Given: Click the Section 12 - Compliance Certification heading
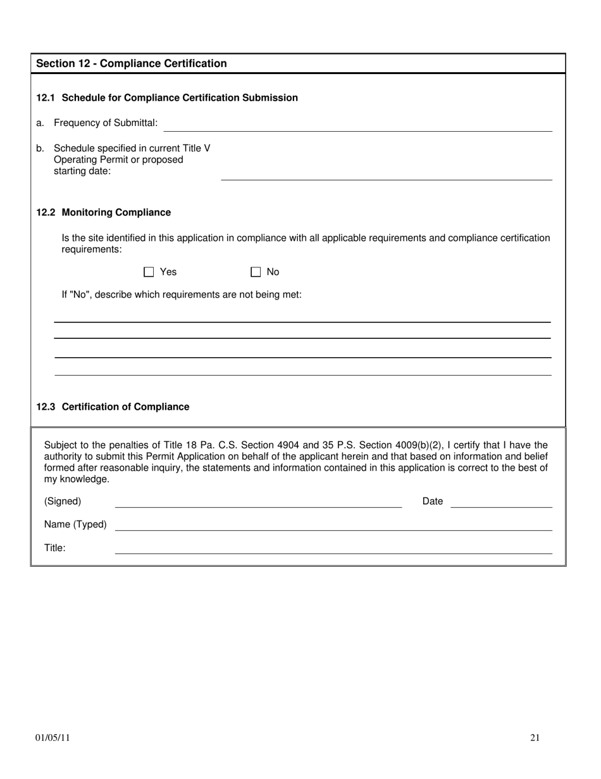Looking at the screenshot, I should tap(132, 63).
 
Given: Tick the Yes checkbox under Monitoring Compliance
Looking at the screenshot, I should tap(149, 272).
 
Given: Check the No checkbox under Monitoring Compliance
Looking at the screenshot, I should tap(256, 272).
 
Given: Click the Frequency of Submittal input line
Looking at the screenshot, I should tap(357, 126).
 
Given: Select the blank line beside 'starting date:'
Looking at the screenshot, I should tap(386, 175).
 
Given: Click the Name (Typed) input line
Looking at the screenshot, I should tap(333, 526).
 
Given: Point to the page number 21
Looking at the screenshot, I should tap(535, 737).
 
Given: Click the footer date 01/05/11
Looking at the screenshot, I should tap(53, 737).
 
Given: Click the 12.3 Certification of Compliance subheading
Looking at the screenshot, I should tap(113, 407).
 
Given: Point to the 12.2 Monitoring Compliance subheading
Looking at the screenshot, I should tap(103, 212).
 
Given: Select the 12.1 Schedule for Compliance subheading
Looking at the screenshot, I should tap(167, 98).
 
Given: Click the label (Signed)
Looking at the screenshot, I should tap(63, 502).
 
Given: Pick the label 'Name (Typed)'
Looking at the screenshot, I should tap(75, 524).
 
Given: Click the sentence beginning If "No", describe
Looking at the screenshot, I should tap(182, 294).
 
